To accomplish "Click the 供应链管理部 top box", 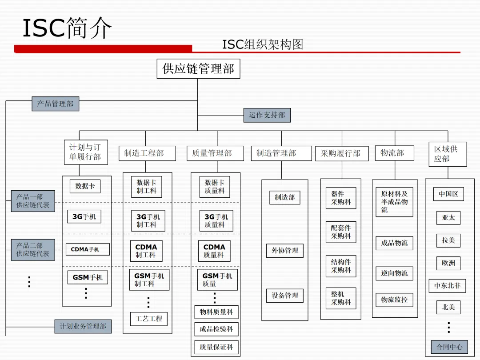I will pyautogui.click(x=198, y=69).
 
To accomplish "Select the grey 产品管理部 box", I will pyautogui.click(x=55, y=104).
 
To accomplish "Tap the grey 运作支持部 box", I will pyautogui.click(x=267, y=115).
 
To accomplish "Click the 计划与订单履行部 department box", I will pyautogui.click(x=85, y=152).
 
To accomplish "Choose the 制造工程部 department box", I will pyautogui.click(x=144, y=153).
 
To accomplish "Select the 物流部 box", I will pyautogui.click(x=394, y=153).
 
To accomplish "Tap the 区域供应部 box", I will pyautogui.click(x=448, y=154).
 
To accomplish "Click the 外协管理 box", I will pyautogui.click(x=285, y=251).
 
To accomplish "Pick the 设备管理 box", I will pyautogui.click(x=285, y=296).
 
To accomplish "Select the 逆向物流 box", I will pyautogui.click(x=394, y=273).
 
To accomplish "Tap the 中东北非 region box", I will pyautogui.click(x=448, y=286).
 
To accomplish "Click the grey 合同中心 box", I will pyautogui.click(x=449, y=347).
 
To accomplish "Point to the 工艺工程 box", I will pyautogui.click(x=149, y=319).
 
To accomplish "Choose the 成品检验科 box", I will pyautogui.click(x=216, y=329).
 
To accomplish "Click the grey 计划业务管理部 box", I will pyautogui.click(x=83, y=326).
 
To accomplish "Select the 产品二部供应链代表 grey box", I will pyautogui.click(x=33, y=250).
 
